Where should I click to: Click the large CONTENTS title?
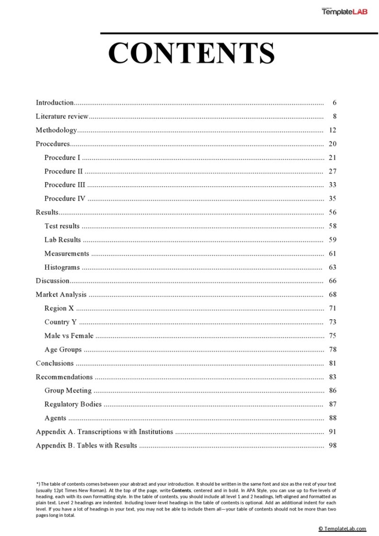coord(191,53)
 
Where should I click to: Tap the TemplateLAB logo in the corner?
coord(344,11)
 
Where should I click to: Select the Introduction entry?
coord(55,102)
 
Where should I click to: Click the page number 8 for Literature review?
coord(334,116)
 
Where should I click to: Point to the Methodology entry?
coord(56,130)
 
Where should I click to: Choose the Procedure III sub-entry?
coord(65,185)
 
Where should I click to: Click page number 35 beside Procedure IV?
coord(332,199)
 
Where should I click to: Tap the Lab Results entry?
coord(63,240)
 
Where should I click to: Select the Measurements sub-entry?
coord(67,254)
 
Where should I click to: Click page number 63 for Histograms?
coord(332,267)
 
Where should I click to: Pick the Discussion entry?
coord(53,281)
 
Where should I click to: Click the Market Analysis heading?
coord(61,295)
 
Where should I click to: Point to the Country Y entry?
coord(61,322)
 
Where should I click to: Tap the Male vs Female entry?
coord(69,336)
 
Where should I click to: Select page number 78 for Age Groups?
coord(332,350)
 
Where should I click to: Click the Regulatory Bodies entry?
coord(73,404)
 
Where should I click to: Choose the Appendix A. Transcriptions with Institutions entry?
coord(104,432)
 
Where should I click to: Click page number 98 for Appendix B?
coord(332,445)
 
